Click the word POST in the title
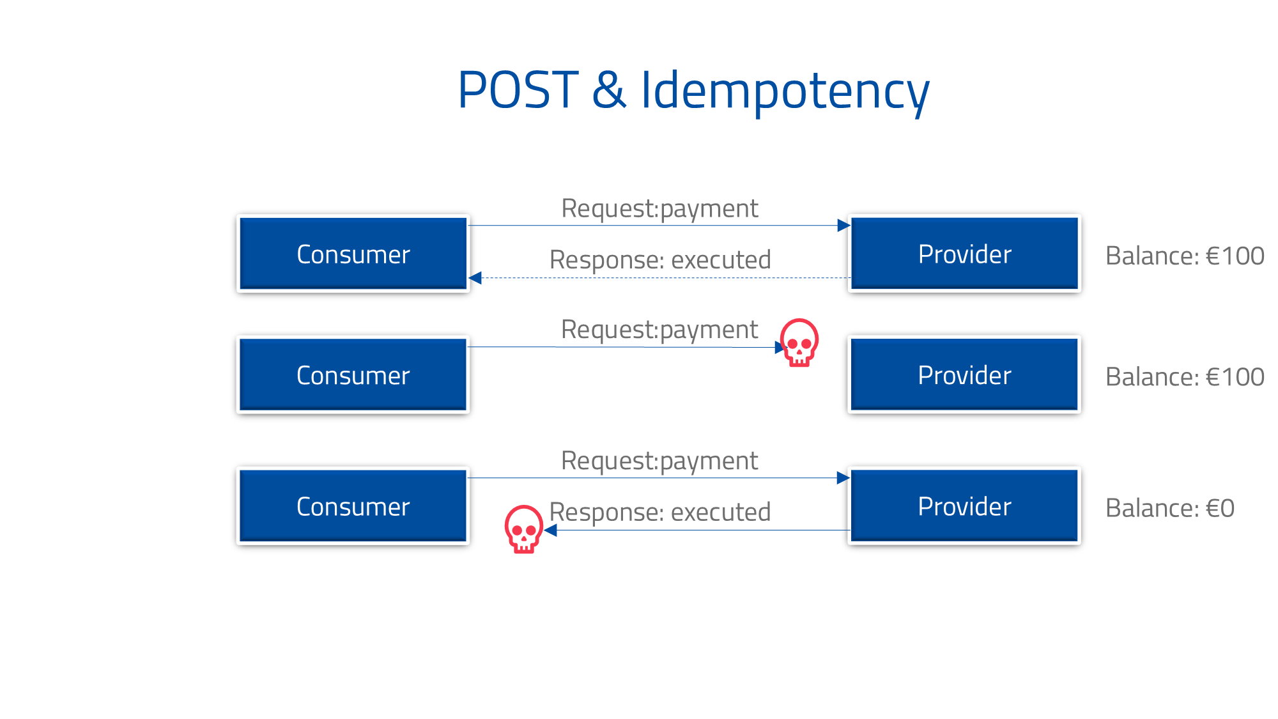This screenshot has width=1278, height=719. point(518,90)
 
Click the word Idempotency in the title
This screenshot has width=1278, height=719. point(785,91)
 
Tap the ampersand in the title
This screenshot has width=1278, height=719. point(609,90)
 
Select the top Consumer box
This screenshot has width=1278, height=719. point(353,254)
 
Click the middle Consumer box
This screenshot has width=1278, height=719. point(353,375)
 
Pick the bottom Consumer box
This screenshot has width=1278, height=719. point(353,506)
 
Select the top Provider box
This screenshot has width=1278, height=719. point(964,254)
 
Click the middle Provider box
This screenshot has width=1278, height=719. point(964,375)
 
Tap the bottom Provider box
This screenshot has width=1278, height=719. point(964,506)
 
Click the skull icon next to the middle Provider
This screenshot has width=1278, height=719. point(799,343)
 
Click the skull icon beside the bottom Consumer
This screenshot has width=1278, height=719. point(523,529)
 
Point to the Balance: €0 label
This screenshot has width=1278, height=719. point(1169,508)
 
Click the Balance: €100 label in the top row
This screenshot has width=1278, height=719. point(1184,256)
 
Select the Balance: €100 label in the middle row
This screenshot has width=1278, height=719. point(1184,377)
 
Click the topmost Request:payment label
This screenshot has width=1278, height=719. point(659,208)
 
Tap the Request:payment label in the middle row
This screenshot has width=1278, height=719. point(659,330)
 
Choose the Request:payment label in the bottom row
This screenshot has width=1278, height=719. point(659,461)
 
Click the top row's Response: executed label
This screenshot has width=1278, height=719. point(659,260)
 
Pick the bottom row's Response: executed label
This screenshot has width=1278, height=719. point(659,513)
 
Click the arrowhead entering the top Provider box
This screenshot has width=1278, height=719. point(843,225)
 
